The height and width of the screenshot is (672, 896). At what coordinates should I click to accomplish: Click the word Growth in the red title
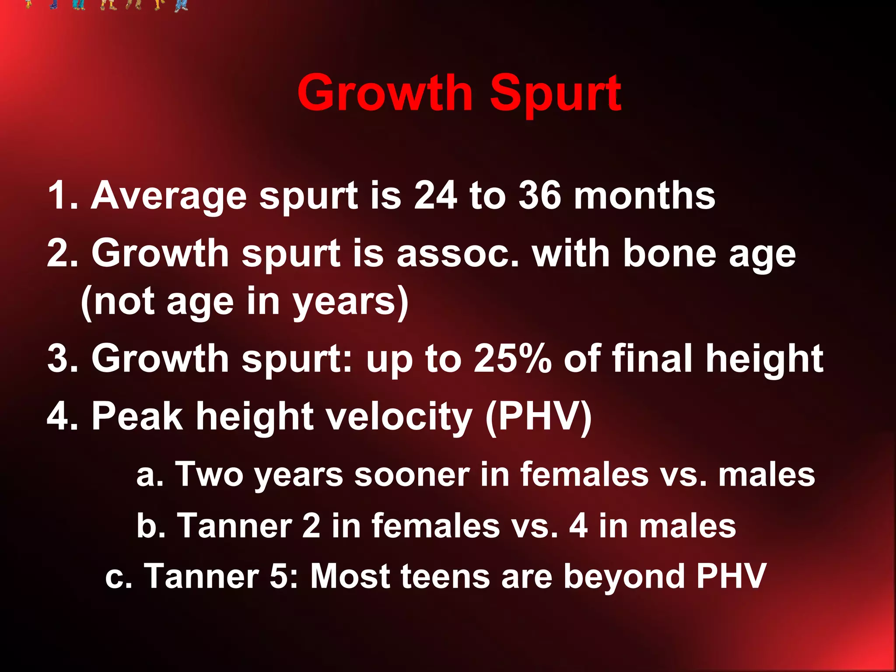(385, 93)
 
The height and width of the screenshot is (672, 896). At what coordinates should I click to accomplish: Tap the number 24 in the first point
(435, 196)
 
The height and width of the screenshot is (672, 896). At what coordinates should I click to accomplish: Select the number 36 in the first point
(539, 196)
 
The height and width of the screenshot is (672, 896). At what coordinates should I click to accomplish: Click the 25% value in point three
(512, 359)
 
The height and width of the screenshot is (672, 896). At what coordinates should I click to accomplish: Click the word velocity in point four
(400, 416)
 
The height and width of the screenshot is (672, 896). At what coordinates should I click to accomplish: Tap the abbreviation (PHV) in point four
(539, 416)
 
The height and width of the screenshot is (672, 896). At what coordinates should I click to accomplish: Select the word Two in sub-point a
(209, 474)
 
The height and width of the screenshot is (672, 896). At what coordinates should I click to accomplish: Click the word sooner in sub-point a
(412, 474)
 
